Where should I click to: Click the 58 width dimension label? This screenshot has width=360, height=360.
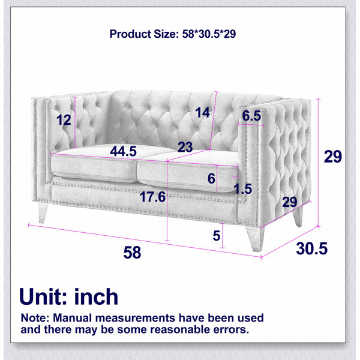[132, 253]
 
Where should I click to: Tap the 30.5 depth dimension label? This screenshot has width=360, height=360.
[311, 248]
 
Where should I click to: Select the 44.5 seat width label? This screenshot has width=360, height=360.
[123, 151]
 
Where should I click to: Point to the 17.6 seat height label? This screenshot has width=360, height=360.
[152, 197]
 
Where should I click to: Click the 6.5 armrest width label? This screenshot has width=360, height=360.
[251, 115]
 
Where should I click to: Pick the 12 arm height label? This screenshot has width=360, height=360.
[64, 120]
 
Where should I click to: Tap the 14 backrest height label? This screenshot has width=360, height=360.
[203, 113]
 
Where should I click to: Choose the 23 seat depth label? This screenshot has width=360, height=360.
[185, 147]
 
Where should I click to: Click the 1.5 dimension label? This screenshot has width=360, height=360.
[242, 189]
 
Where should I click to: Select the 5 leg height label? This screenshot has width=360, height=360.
[217, 236]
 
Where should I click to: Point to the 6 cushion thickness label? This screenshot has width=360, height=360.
[211, 178]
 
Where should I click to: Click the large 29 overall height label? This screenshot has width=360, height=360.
[332, 157]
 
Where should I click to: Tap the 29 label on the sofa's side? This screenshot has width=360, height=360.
[290, 202]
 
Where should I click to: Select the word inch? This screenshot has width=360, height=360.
[96, 296]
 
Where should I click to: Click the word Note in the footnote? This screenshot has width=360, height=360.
[35, 318]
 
